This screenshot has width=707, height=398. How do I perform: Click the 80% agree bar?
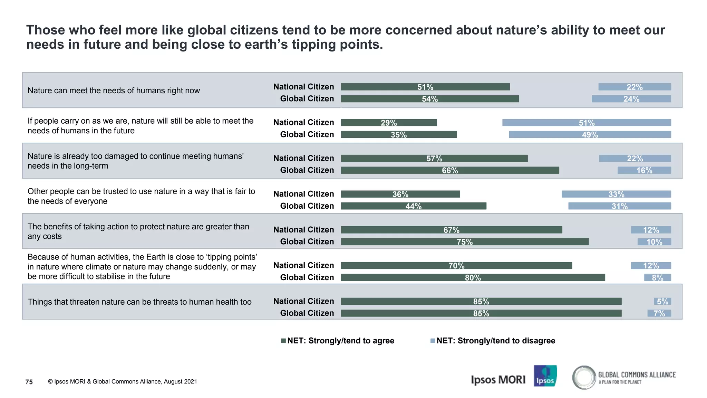473,277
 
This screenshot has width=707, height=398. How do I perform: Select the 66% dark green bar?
450,170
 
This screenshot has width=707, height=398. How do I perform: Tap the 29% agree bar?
389,123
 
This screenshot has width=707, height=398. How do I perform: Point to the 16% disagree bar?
644,170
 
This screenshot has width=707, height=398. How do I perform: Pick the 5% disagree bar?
662,301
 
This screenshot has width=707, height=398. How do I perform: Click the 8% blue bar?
657,277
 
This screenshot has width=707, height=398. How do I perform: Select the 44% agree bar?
413,206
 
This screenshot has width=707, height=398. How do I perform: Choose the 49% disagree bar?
590,134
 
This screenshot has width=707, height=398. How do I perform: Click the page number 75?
29,382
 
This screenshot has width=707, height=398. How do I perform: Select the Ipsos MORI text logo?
498,380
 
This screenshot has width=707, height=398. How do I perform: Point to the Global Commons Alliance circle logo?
584,377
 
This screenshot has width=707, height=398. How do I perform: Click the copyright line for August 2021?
123,381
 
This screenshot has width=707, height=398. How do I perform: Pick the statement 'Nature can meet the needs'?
114,91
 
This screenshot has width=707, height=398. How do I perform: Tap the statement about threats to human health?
139,302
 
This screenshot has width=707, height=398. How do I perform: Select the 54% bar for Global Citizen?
429,99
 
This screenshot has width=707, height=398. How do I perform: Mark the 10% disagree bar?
654,241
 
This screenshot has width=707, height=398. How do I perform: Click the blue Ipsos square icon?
545,376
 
